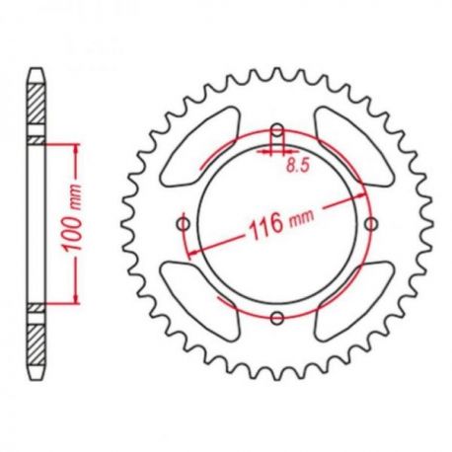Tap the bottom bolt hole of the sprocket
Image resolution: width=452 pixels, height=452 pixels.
(277, 317)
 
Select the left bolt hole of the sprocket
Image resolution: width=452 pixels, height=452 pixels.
(185, 224)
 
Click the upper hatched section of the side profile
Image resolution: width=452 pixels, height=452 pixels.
(36, 111)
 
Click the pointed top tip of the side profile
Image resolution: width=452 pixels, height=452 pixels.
(36, 69)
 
